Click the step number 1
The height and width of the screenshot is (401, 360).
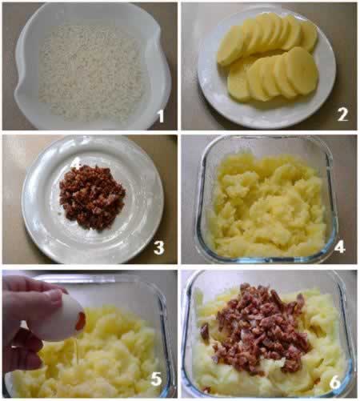pos(161,116)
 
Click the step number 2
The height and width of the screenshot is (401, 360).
pos(342,114)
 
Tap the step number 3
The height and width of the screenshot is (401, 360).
pos(159,247)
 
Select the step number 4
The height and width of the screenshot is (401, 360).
pos(340,247)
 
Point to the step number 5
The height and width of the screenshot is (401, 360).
pos(156,379)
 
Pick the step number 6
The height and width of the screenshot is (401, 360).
pos(335,382)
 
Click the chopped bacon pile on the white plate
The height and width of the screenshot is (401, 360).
pos(92,198)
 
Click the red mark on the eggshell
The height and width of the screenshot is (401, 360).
pos(81,321)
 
